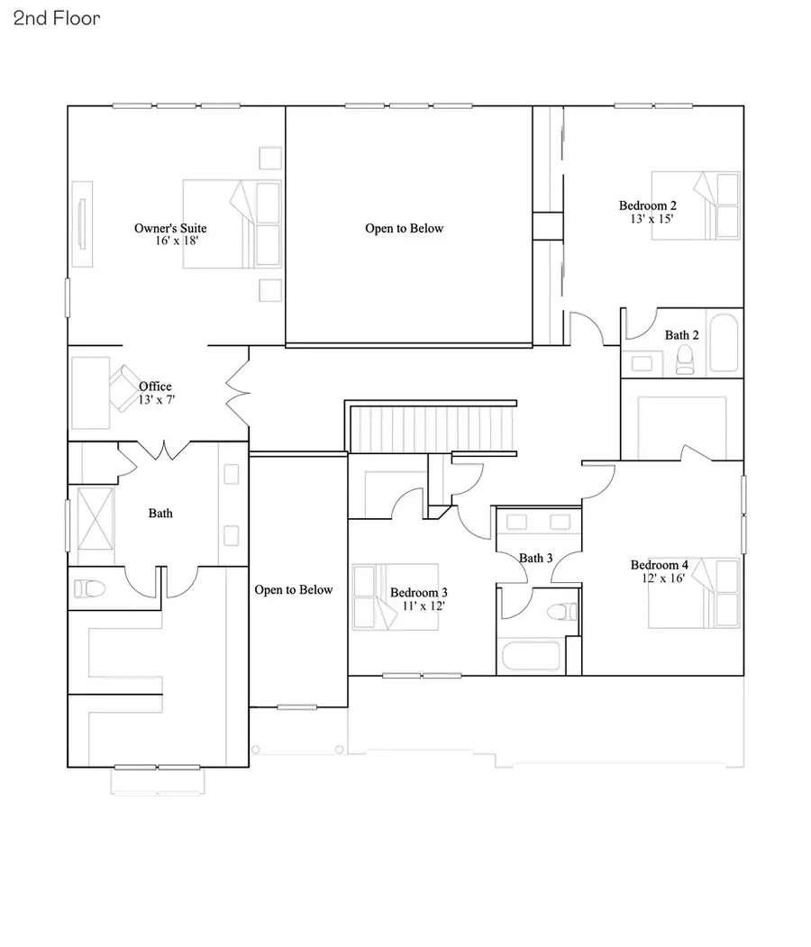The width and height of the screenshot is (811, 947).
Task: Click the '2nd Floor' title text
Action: click(57, 18)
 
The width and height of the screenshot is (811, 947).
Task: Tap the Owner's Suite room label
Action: click(170, 228)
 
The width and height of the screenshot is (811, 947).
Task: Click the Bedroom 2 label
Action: click(647, 205)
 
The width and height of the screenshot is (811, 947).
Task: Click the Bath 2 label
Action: click(681, 335)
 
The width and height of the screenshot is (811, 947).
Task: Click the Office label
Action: click(155, 387)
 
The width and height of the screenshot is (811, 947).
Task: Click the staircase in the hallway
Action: click(430, 427)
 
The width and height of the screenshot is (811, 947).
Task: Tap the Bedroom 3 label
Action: click(418, 593)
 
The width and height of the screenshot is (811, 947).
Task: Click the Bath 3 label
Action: click(536, 559)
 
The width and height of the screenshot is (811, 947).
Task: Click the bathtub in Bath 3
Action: click(532, 655)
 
